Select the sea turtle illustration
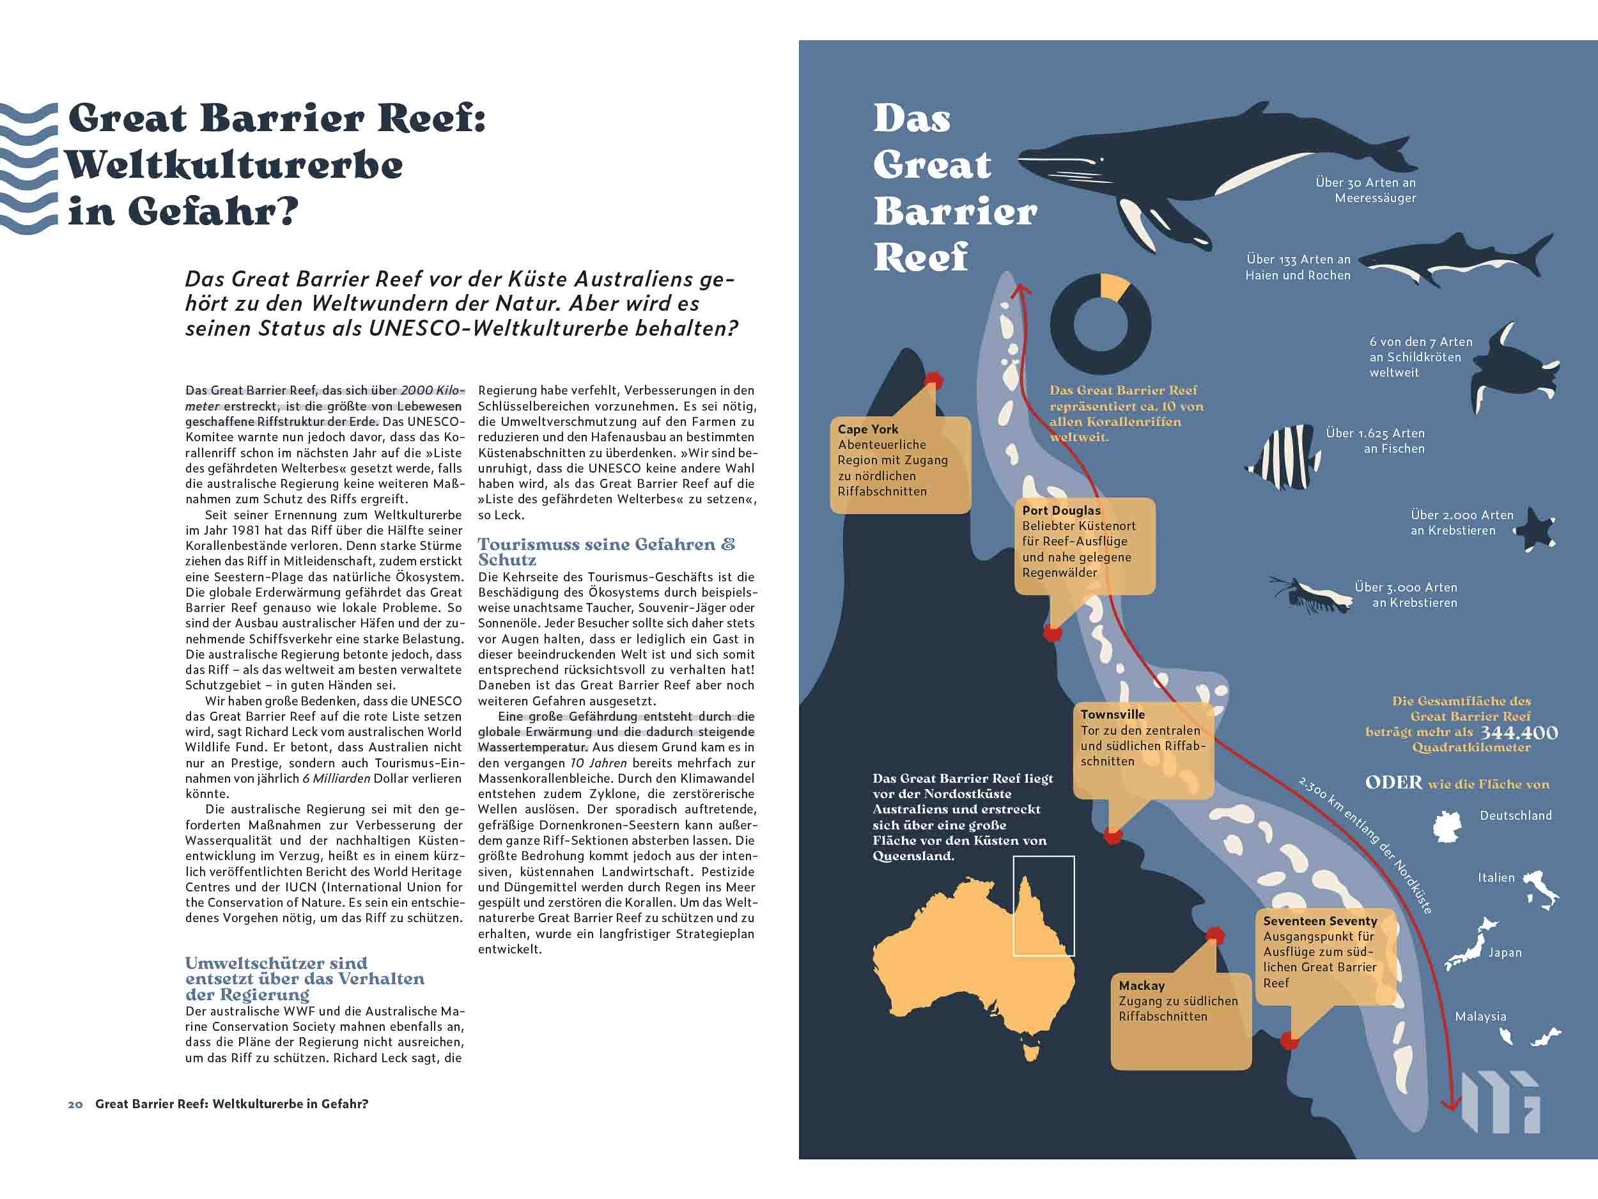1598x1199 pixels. pos(1510,368)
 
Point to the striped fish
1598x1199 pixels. pos(1282,457)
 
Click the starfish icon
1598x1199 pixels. pos(1535,529)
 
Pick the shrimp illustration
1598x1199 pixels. pos(1315,594)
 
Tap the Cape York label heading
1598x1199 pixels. pos(867,429)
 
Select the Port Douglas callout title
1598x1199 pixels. pos(1061,510)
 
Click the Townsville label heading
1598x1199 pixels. pos(1113,714)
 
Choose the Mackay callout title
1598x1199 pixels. pos(1142,986)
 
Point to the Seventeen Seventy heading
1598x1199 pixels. pos(1320,921)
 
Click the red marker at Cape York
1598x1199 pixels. pos(934,379)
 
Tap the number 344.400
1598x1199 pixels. pos(1519,733)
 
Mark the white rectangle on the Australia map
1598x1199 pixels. pos(1043,905)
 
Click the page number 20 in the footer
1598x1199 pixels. pos(75,1104)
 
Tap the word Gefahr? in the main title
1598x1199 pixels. pos(212,212)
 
